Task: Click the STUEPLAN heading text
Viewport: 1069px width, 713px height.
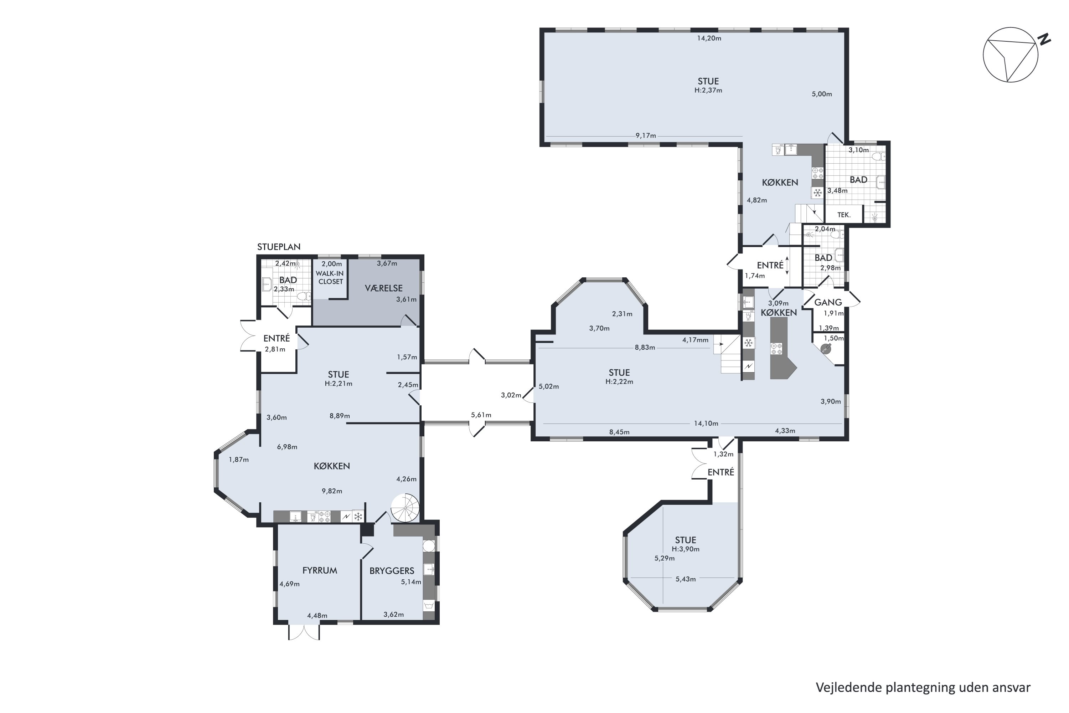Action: click(279, 247)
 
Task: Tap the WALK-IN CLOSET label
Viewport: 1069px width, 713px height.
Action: click(330, 277)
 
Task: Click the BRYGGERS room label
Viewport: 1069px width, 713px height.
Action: click(391, 571)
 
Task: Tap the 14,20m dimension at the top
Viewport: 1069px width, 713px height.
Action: click(709, 39)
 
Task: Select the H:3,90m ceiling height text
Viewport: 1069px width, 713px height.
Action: click(685, 549)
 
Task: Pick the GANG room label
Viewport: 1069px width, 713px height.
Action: click(828, 302)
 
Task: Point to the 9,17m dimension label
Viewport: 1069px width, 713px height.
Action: click(645, 136)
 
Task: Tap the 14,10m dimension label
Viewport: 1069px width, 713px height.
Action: click(706, 424)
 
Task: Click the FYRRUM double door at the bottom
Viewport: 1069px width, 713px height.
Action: click(304, 632)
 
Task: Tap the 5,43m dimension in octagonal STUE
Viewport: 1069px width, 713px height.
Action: click(685, 579)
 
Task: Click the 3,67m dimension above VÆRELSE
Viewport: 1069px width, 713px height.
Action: click(387, 264)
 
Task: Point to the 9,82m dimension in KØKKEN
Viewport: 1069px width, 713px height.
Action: click(332, 491)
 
